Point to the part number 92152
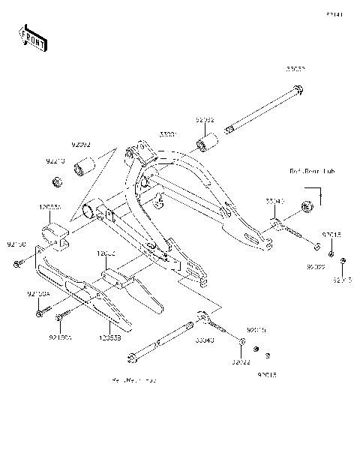tap(205, 119)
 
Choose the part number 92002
tap(81, 143)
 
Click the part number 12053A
tap(50, 205)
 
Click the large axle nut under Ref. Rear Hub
tap(305, 205)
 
